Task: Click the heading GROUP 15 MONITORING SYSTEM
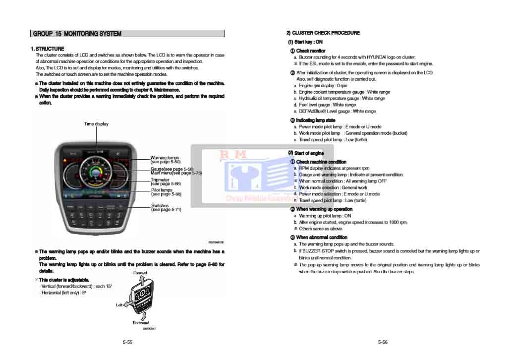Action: (77, 34)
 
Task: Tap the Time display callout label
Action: (96, 124)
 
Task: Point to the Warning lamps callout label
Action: (165, 158)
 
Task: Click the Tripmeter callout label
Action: (160, 180)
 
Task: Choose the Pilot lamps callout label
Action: (162, 190)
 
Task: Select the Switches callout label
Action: (160, 205)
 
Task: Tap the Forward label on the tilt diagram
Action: (140, 273)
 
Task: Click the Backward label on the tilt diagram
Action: (141, 323)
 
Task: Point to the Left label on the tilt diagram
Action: (119, 305)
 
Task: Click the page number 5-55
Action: (127, 342)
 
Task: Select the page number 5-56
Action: (382, 342)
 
